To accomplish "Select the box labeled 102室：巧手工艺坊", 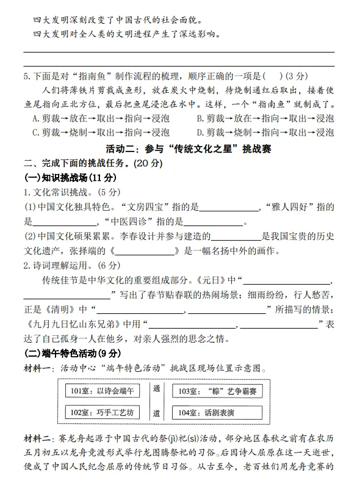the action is click(x=102, y=413).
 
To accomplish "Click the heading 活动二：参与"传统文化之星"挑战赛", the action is click(x=179, y=148).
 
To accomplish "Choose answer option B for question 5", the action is click(x=265, y=118).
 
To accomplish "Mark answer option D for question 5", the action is click(x=265, y=133).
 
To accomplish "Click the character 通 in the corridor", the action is click(x=156, y=388).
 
